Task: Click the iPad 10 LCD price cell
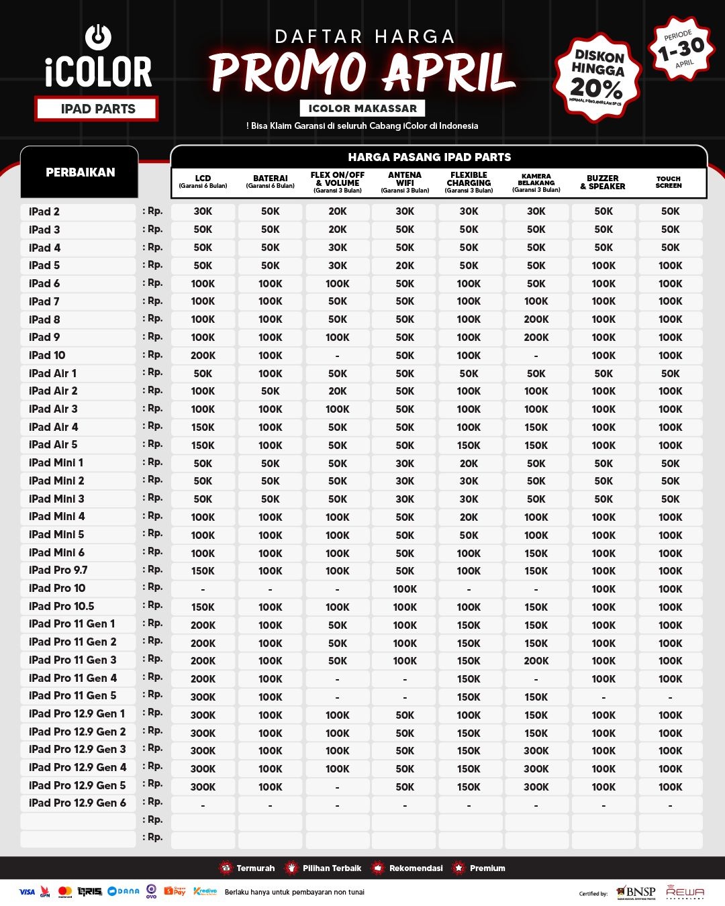tap(203, 356)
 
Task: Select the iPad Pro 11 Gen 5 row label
tap(72, 696)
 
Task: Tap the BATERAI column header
tap(270, 182)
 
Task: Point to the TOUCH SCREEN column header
tap(669, 182)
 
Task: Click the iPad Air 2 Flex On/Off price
tap(337, 391)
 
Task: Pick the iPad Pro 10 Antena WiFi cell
tap(405, 589)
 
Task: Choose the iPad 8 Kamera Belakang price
tap(536, 319)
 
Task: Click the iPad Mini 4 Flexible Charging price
tap(469, 517)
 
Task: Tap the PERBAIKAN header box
tap(80, 172)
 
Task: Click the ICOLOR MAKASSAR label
tap(362, 108)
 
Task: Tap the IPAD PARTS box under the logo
tap(98, 109)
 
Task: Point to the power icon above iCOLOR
tap(98, 36)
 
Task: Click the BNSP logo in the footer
tap(636, 892)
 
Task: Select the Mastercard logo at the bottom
tap(65, 892)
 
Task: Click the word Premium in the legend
tap(487, 868)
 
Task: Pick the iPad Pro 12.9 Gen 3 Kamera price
tap(536, 751)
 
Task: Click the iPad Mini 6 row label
tap(57, 553)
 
